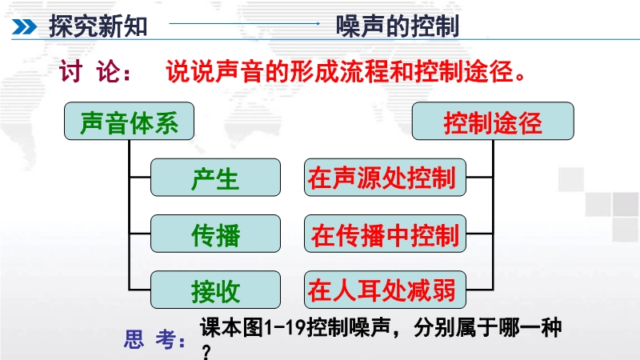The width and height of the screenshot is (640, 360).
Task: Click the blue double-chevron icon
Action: [x=24, y=27]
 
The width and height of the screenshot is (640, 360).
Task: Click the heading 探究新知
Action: [x=98, y=26]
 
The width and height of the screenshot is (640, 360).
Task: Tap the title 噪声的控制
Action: [x=398, y=26]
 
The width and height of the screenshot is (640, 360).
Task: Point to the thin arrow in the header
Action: [x=245, y=24]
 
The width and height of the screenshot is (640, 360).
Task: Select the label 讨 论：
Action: [x=95, y=72]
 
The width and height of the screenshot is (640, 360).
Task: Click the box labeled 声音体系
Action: [x=129, y=122]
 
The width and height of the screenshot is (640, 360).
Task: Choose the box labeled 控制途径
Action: [x=493, y=122]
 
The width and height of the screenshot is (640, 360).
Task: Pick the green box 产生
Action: [x=215, y=178]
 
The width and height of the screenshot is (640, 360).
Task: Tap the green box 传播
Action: [x=215, y=234]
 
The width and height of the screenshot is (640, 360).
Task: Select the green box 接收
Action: [x=215, y=290]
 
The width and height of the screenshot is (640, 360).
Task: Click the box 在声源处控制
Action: [x=385, y=178]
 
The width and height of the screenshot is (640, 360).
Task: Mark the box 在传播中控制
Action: [x=385, y=234]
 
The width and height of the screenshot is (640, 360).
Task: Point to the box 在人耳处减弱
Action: [x=385, y=290]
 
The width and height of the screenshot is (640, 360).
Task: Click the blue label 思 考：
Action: [x=155, y=338]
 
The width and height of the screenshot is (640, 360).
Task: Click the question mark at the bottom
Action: [x=206, y=352]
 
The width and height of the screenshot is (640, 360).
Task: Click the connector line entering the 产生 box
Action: [x=140, y=178]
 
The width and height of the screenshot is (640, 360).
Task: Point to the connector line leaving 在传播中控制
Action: [x=479, y=234]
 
